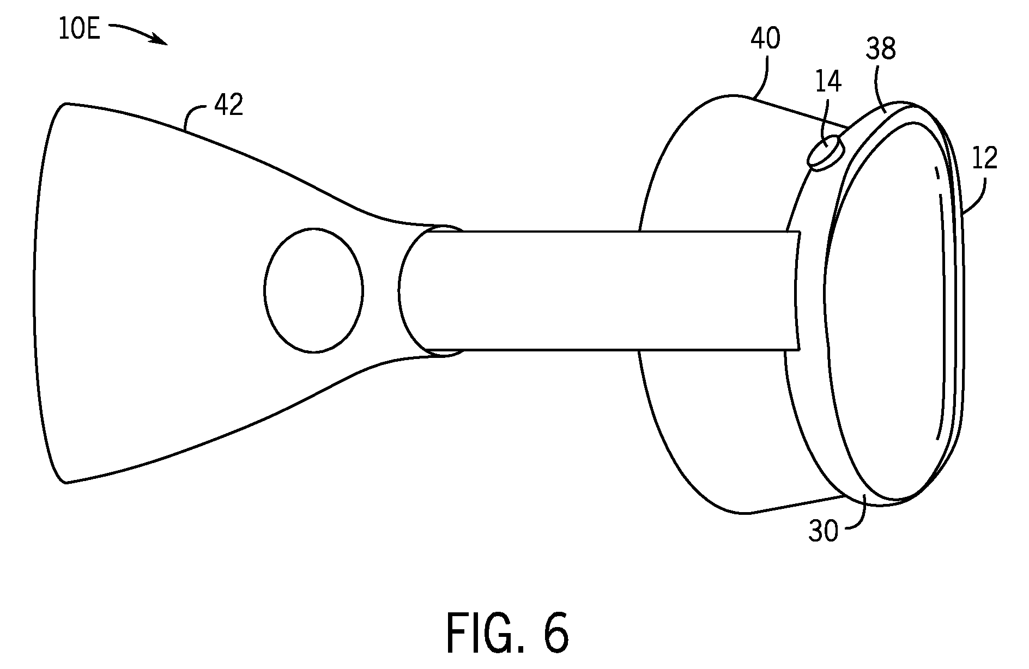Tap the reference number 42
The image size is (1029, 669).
(x=228, y=105)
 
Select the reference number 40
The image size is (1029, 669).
(x=765, y=39)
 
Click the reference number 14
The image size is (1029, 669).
(x=828, y=81)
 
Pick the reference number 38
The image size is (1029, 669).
(x=881, y=50)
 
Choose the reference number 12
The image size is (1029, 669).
(x=984, y=158)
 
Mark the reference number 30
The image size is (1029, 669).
(x=823, y=531)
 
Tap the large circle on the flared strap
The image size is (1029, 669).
(x=313, y=290)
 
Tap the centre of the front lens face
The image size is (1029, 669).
(x=888, y=311)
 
